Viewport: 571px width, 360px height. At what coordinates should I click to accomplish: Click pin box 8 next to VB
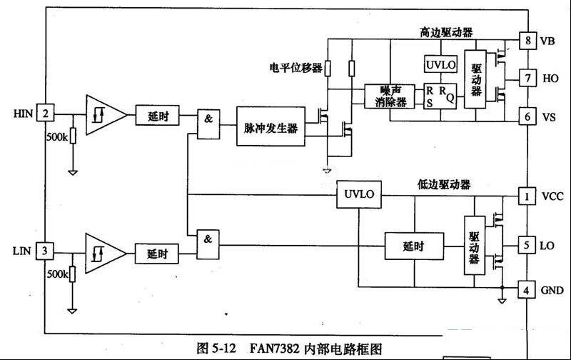pos(527,40)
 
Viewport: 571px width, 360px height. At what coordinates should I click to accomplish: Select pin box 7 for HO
pos(527,78)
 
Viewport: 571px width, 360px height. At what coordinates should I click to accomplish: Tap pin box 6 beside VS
pos(527,116)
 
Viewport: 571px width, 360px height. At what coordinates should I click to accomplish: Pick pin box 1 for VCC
pos(527,196)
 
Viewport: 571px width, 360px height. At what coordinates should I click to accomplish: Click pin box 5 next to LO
pos(527,245)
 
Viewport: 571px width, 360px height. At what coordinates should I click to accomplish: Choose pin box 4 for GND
pos(526,291)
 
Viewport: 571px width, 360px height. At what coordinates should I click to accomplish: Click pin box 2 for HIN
pos(45,113)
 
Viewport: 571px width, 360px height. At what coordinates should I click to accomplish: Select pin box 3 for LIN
pos(44,251)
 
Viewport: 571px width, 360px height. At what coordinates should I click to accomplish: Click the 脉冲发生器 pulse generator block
pos(271,126)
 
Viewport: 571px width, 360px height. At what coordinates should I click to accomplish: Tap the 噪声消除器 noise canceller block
pos(390,96)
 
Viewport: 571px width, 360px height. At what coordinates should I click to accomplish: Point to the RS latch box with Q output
pos(440,96)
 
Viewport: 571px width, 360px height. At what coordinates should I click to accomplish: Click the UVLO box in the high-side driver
pos(440,64)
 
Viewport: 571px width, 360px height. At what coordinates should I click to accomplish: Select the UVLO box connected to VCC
pos(359,194)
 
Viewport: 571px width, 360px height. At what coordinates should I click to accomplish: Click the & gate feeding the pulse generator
pos(208,124)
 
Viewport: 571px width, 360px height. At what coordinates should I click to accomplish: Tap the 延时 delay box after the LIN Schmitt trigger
pos(156,254)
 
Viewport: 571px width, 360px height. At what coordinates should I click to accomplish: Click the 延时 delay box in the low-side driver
pos(414,246)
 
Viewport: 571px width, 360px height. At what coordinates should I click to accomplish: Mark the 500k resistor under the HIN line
pos(73,136)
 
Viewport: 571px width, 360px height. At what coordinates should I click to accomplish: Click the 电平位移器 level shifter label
pos(295,68)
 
